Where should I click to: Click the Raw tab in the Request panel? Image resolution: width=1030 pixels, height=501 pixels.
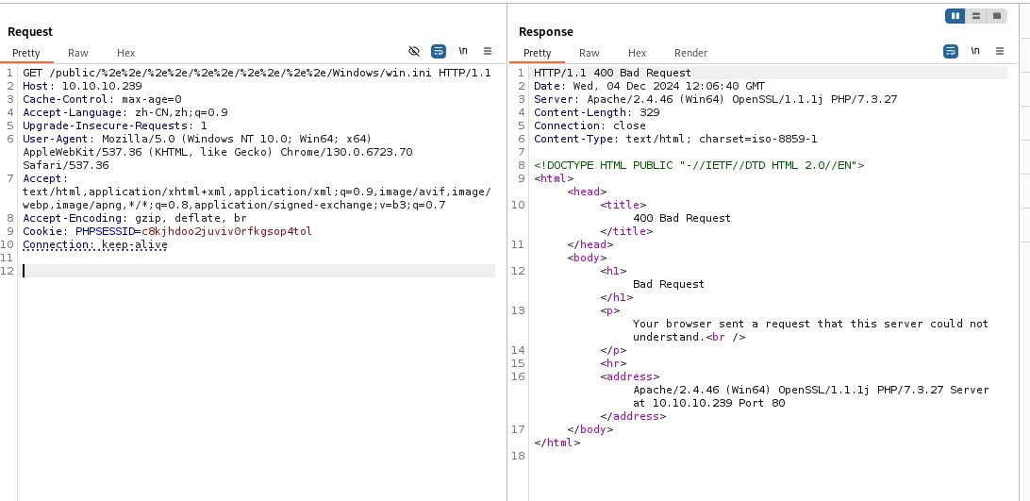point(77,53)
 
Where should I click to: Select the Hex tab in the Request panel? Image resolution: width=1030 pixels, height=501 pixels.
point(125,53)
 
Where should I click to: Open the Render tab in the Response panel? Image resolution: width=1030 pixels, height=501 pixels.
point(690,53)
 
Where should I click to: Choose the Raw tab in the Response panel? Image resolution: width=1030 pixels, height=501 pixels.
point(590,53)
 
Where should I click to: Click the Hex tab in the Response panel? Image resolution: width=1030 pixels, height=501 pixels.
point(638,53)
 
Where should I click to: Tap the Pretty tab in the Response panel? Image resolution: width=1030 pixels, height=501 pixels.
point(538,53)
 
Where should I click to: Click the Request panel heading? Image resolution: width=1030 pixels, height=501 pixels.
point(30,31)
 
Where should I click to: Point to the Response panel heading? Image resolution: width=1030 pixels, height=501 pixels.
point(546,31)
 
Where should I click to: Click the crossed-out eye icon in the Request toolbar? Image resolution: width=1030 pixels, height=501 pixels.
point(414,51)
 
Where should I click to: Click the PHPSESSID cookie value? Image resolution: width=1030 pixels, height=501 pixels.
point(226,231)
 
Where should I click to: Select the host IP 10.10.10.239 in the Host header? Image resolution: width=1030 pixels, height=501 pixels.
point(102,86)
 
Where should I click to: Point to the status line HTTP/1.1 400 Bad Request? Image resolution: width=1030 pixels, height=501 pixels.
point(612,73)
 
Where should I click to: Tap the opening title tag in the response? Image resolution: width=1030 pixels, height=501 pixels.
point(623,205)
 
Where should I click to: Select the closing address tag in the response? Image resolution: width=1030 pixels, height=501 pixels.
point(633,416)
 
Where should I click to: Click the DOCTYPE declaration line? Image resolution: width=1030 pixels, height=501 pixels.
point(699,165)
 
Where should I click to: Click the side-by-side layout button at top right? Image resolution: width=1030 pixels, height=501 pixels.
point(955,16)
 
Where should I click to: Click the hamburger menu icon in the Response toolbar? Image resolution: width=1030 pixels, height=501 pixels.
point(1000,51)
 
